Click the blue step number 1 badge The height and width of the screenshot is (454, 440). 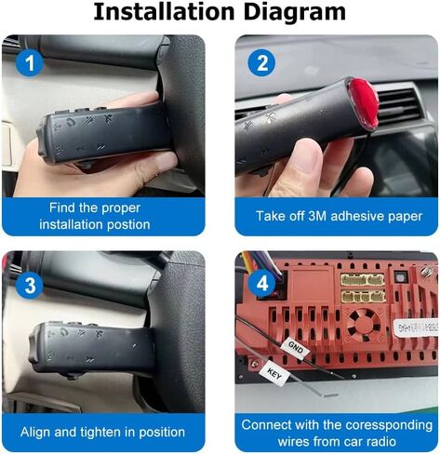click(x=30, y=63)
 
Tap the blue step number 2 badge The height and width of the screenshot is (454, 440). click(x=262, y=63)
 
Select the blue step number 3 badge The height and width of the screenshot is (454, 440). click(x=30, y=285)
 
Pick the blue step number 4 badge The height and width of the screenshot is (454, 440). click(x=262, y=283)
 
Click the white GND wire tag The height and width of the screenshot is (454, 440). click(x=295, y=348)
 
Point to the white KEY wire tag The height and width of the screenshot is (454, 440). click(x=274, y=374)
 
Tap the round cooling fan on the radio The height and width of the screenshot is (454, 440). click(x=363, y=325)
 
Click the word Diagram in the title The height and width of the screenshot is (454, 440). click(x=294, y=12)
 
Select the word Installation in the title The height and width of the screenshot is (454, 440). click(x=164, y=12)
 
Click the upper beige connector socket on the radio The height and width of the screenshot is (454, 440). click(x=363, y=280)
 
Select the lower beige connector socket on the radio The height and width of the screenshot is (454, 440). click(x=363, y=297)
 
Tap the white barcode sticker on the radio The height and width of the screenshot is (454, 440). click(x=417, y=327)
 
